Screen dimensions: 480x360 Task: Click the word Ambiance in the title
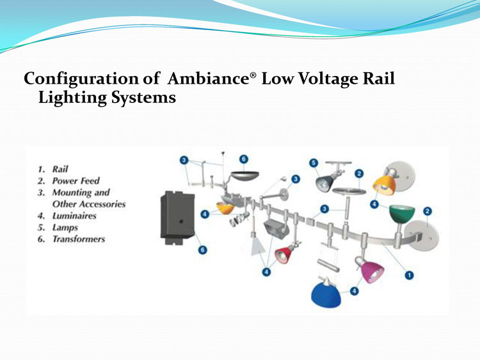tap(209, 78)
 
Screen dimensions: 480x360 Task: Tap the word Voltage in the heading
tap(328, 79)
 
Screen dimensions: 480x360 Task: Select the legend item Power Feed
tap(76, 181)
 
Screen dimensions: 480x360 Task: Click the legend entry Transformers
tap(79, 239)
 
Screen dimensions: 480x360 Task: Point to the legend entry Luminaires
tap(74, 215)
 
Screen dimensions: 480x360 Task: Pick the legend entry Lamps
tap(65, 228)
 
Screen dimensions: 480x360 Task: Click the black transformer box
tap(177, 217)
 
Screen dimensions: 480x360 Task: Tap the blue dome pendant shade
tap(326, 295)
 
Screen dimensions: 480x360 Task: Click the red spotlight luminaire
tap(284, 254)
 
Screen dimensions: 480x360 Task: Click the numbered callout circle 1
tap(410, 275)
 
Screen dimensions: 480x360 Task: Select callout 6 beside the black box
tap(202, 250)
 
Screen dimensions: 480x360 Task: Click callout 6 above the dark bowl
tap(244, 159)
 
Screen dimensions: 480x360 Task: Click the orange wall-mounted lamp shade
tap(384, 185)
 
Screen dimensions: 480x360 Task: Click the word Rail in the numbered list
tap(60, 169)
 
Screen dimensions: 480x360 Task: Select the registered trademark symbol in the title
tap(253, 75)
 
